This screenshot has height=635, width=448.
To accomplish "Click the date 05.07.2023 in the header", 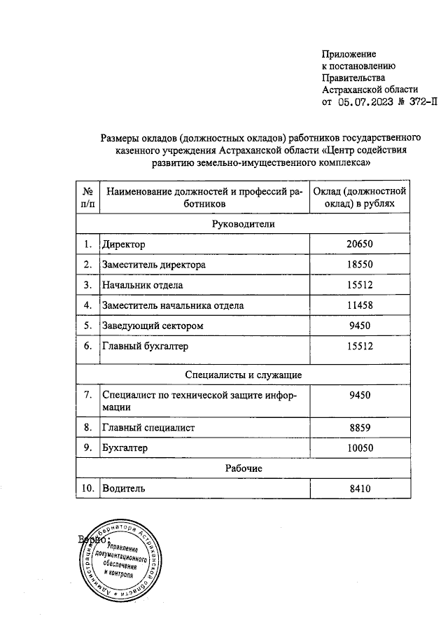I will coord(364,102).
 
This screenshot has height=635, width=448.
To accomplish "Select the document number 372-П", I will coord(419,102).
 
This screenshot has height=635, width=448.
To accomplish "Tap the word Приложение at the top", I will coord(349,54).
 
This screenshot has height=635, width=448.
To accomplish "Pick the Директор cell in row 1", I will coord(123,245).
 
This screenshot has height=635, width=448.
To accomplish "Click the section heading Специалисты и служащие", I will coord(244,375).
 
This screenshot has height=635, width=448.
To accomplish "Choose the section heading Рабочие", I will coord(244,468).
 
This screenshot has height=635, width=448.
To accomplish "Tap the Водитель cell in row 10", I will coord(124,489).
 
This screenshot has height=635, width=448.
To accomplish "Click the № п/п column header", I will coord(88,197).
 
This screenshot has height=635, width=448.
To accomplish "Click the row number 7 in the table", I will coord(88,395).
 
